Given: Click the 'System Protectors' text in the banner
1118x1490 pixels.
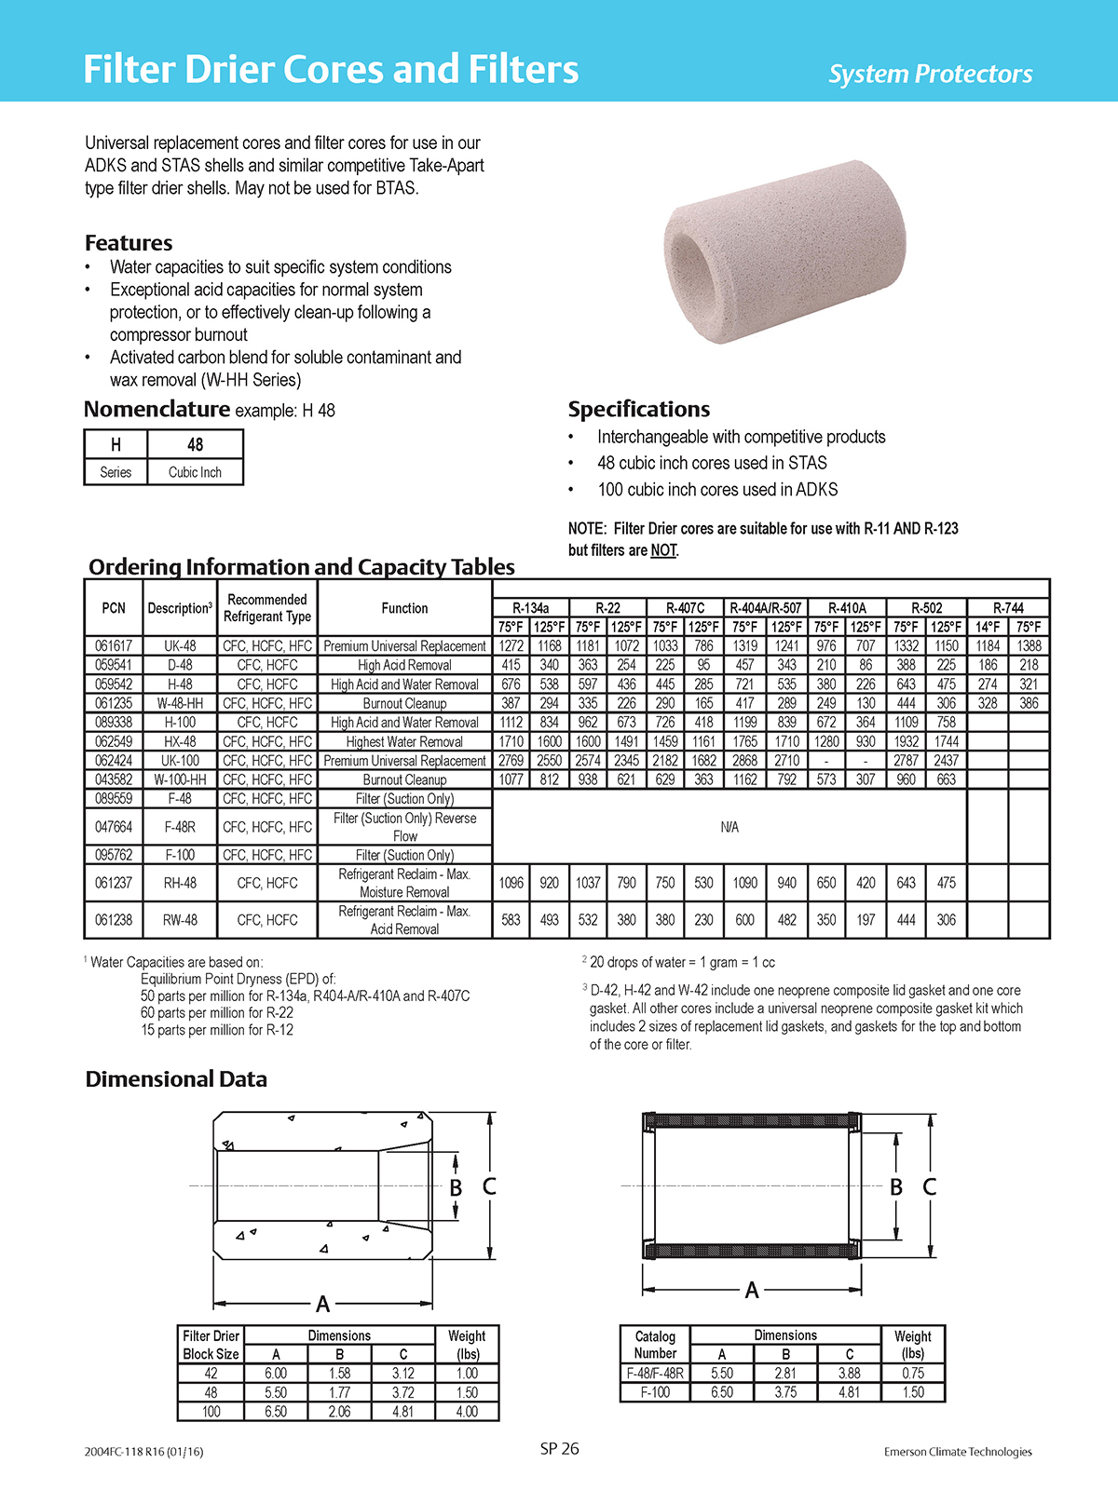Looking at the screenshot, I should pos(930,74).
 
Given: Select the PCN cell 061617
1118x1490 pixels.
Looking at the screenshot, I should pos(114,646).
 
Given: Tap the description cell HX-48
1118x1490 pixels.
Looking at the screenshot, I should pos(180,742).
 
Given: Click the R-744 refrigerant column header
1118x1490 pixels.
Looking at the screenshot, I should pos(1008,608).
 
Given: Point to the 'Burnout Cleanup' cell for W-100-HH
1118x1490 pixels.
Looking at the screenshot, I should pos(404,779).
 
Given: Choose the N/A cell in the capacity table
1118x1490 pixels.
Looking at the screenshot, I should pos(729,827).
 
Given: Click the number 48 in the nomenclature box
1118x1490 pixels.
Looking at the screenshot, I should pos(195,445).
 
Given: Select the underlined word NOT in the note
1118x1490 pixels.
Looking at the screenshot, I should pos(663,550).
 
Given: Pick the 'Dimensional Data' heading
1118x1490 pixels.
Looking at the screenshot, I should pos(176,1079).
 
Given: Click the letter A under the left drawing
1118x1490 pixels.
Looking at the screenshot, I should pos(322,1304).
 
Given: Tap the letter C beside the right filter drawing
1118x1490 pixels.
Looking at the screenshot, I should pos(929,1187).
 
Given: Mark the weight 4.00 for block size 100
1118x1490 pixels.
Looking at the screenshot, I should pos(467,1412).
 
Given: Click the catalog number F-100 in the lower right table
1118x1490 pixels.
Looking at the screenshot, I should pos(655,1392).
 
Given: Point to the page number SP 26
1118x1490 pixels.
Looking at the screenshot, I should pos(559,1449).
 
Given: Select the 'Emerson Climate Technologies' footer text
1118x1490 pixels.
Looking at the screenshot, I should pos(958,1452).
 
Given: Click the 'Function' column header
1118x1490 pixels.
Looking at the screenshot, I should pos(404,608).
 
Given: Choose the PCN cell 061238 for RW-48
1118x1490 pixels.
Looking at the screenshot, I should pos(114,920).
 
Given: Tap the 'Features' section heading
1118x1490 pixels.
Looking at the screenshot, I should pos(129,243).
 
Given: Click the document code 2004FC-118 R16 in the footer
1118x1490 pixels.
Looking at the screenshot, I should pos(143,1452).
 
